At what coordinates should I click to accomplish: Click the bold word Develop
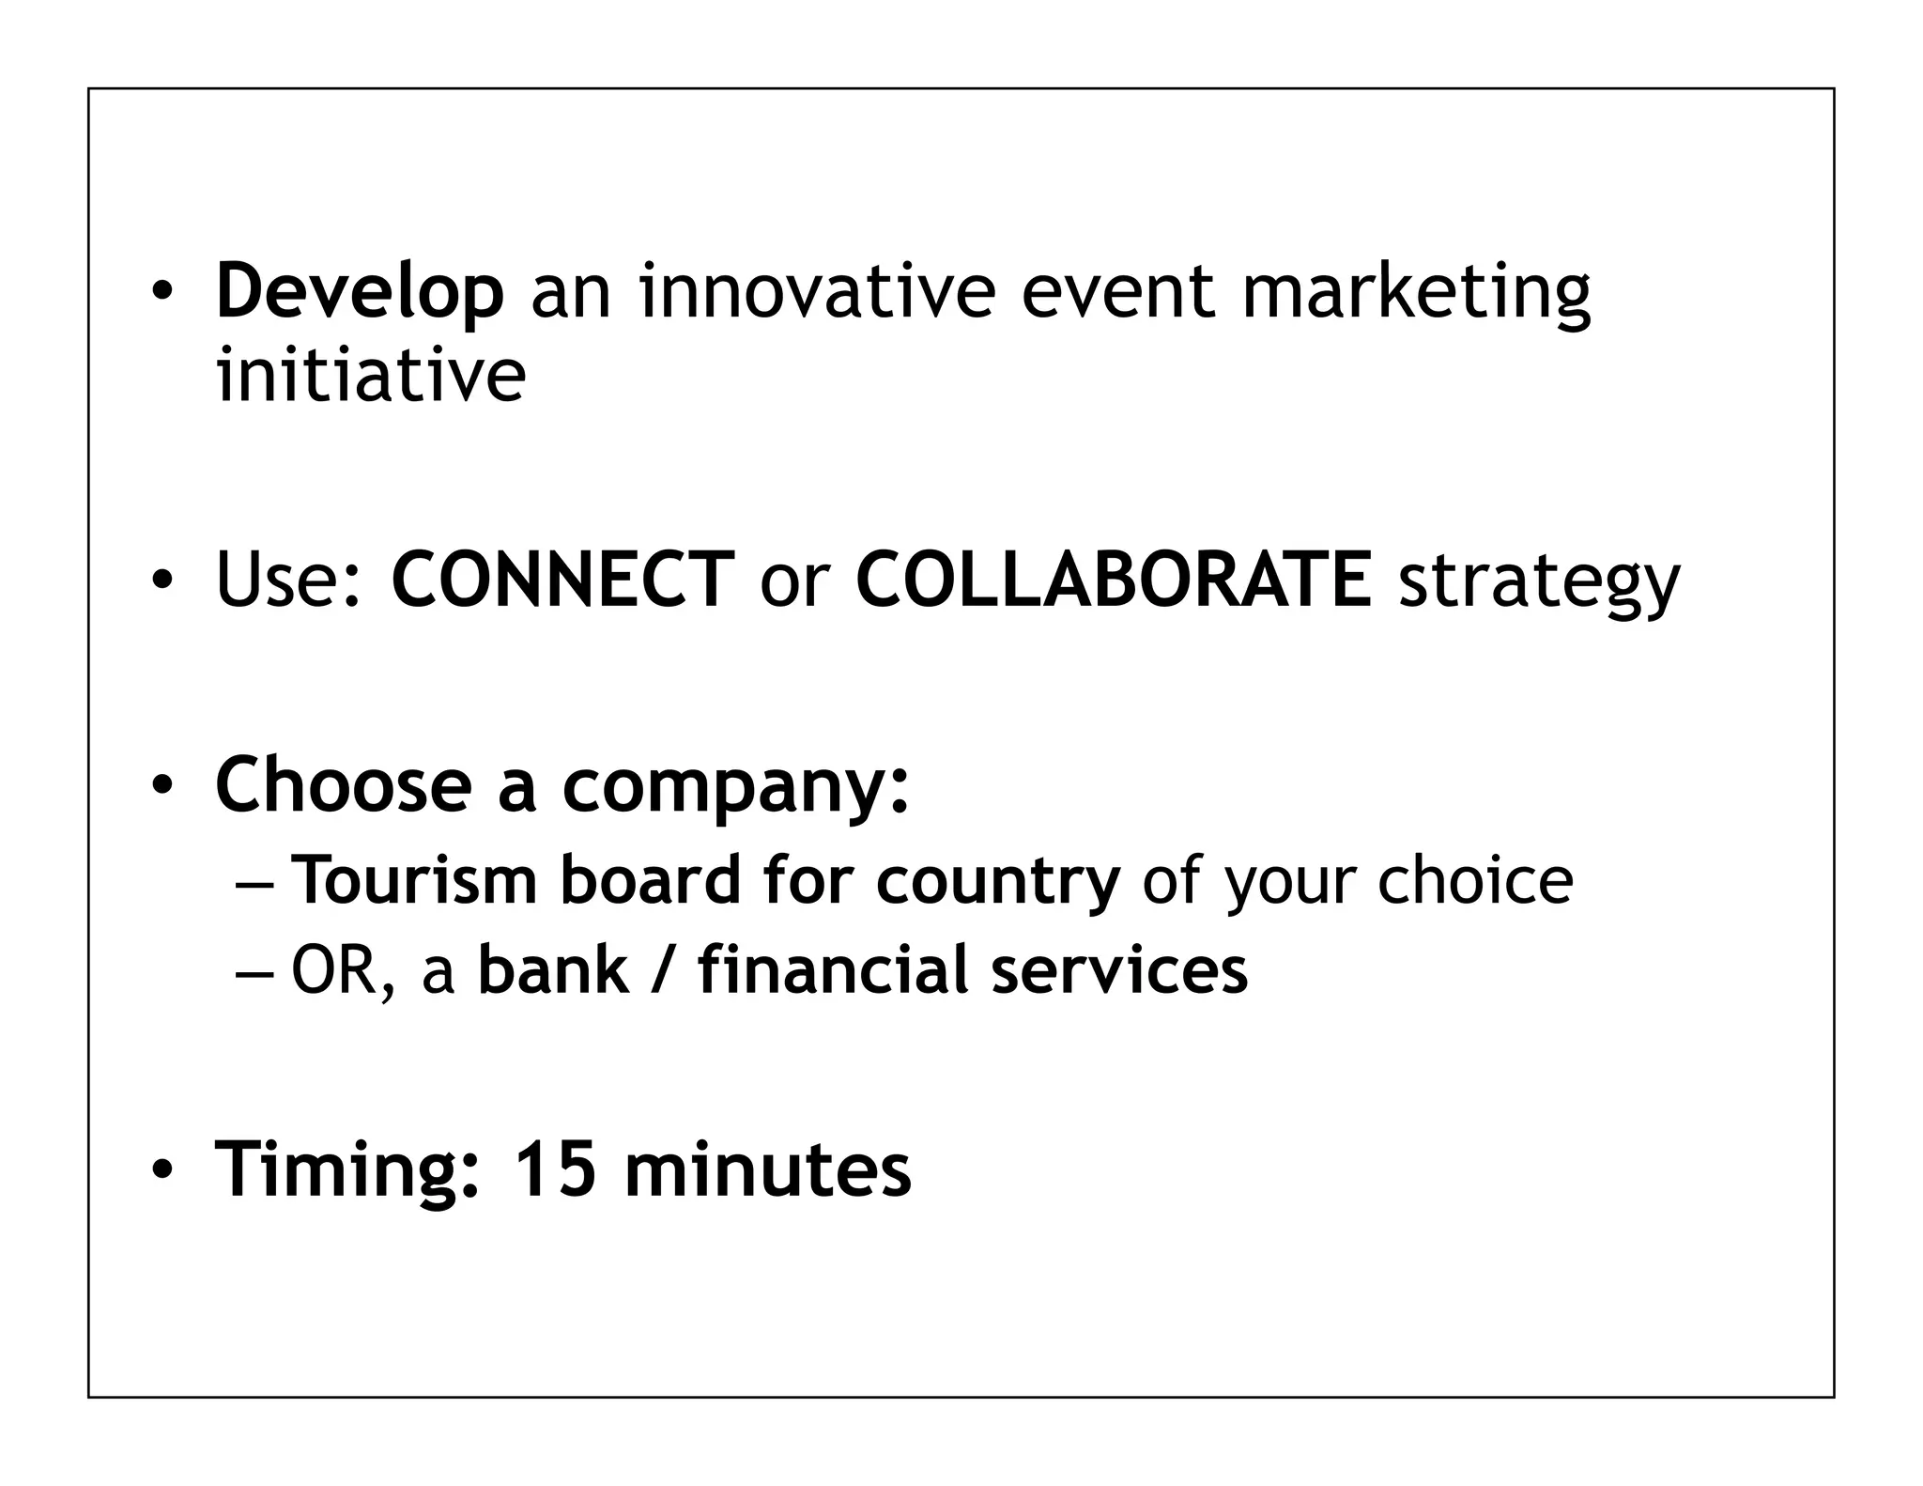click(x=360, y=292)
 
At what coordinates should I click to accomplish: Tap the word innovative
click(x=816, y=292)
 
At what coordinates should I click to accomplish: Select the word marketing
click(x=1416, y=292)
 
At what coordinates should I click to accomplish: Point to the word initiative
click(x=371, y=375)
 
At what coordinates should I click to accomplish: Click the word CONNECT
click(x=562, y=580)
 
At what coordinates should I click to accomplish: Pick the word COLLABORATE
click(x=1114, y=580)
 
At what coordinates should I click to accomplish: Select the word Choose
click(x=344, y=784)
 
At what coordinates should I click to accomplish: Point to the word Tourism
click(x=414, y=880)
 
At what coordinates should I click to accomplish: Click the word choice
click(x=1474, y=880)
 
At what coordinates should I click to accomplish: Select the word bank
click(x=553, y=969)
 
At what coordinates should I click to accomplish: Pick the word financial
click(x=831, y=969)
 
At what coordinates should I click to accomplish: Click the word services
click(x=1119, y=969)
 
